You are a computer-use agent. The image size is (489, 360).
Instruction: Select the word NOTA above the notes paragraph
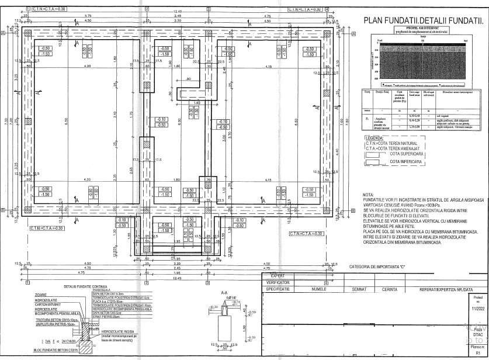tap(368, 195)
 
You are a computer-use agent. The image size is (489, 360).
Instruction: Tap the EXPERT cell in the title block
tap(277, 275)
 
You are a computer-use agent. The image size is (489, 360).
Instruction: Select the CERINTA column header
tap(390, 289)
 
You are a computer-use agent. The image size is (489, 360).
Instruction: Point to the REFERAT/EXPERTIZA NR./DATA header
tap(433, 289)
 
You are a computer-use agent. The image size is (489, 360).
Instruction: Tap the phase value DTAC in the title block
tap(478, 334)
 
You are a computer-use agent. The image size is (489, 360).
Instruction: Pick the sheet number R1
tap(478, 354)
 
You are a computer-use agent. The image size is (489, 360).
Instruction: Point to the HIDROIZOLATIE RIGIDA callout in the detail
tap(117, 331)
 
